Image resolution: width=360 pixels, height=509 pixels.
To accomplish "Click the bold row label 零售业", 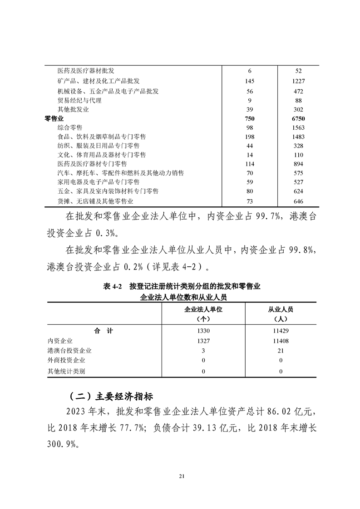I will coord(54,118).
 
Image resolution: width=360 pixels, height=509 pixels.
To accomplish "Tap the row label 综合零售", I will coord(70,128).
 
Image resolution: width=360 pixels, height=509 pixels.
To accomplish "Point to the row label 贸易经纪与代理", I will coord(79,100).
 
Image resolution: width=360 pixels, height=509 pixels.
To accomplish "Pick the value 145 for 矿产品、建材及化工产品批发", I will coord(250,81).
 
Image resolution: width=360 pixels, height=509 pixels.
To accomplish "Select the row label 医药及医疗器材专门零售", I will coord(92,164).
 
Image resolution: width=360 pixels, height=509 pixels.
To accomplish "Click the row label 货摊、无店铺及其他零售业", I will coord(95,201).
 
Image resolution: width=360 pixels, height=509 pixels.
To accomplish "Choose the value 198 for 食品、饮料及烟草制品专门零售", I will coord(250,137).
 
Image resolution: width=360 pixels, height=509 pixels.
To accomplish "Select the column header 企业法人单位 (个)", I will coord(203,313).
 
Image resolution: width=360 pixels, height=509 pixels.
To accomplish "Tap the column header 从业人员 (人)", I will coord(281,313).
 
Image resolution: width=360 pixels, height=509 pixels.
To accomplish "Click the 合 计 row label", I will coord(104,331).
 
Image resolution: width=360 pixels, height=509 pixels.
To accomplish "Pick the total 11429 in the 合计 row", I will coord(281,331).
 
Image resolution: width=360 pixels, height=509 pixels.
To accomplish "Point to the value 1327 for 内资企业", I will coord(203,341).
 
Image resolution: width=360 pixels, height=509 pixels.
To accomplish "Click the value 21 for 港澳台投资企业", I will coord(281,350).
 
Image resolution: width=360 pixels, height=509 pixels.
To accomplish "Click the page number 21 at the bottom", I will coord(182,476).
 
